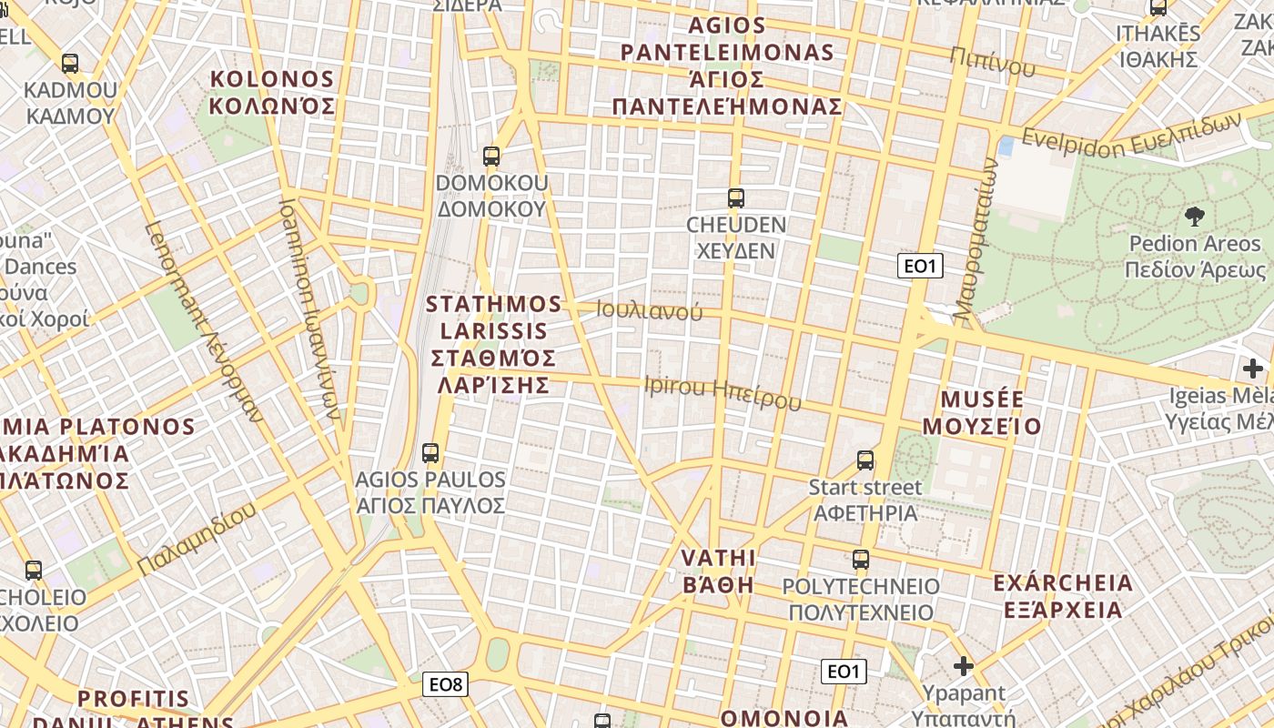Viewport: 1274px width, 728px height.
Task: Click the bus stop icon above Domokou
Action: point(491,157)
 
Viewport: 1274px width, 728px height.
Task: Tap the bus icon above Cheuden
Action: point(735,197)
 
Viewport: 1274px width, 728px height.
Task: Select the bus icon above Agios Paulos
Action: point(430,452)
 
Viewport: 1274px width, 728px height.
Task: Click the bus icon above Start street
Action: point(864,460)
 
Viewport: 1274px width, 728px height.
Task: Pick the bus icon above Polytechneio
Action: point(860,559)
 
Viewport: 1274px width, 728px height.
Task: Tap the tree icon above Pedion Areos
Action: point(1194,217)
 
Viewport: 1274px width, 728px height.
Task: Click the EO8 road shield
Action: point(445,684)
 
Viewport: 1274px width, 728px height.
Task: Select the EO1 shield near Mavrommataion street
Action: point(920,266)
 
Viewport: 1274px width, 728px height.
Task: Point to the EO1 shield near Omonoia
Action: point(844,672)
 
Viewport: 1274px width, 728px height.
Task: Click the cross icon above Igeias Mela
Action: point(1253,369)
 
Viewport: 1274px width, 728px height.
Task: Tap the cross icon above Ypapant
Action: point(963,666)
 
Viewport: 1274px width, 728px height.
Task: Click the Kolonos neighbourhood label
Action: point(272,92)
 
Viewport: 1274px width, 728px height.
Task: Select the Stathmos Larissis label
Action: point(493,343)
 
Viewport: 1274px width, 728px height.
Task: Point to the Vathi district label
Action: point(719,571)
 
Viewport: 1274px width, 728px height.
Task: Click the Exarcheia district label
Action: point(1063,595)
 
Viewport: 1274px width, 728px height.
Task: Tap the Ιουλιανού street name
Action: point(650,310)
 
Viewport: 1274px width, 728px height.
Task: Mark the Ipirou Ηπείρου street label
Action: point(723,391)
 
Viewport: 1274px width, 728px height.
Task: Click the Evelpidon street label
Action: point(1131,136)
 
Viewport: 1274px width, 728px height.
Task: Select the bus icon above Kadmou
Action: point(70,64)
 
